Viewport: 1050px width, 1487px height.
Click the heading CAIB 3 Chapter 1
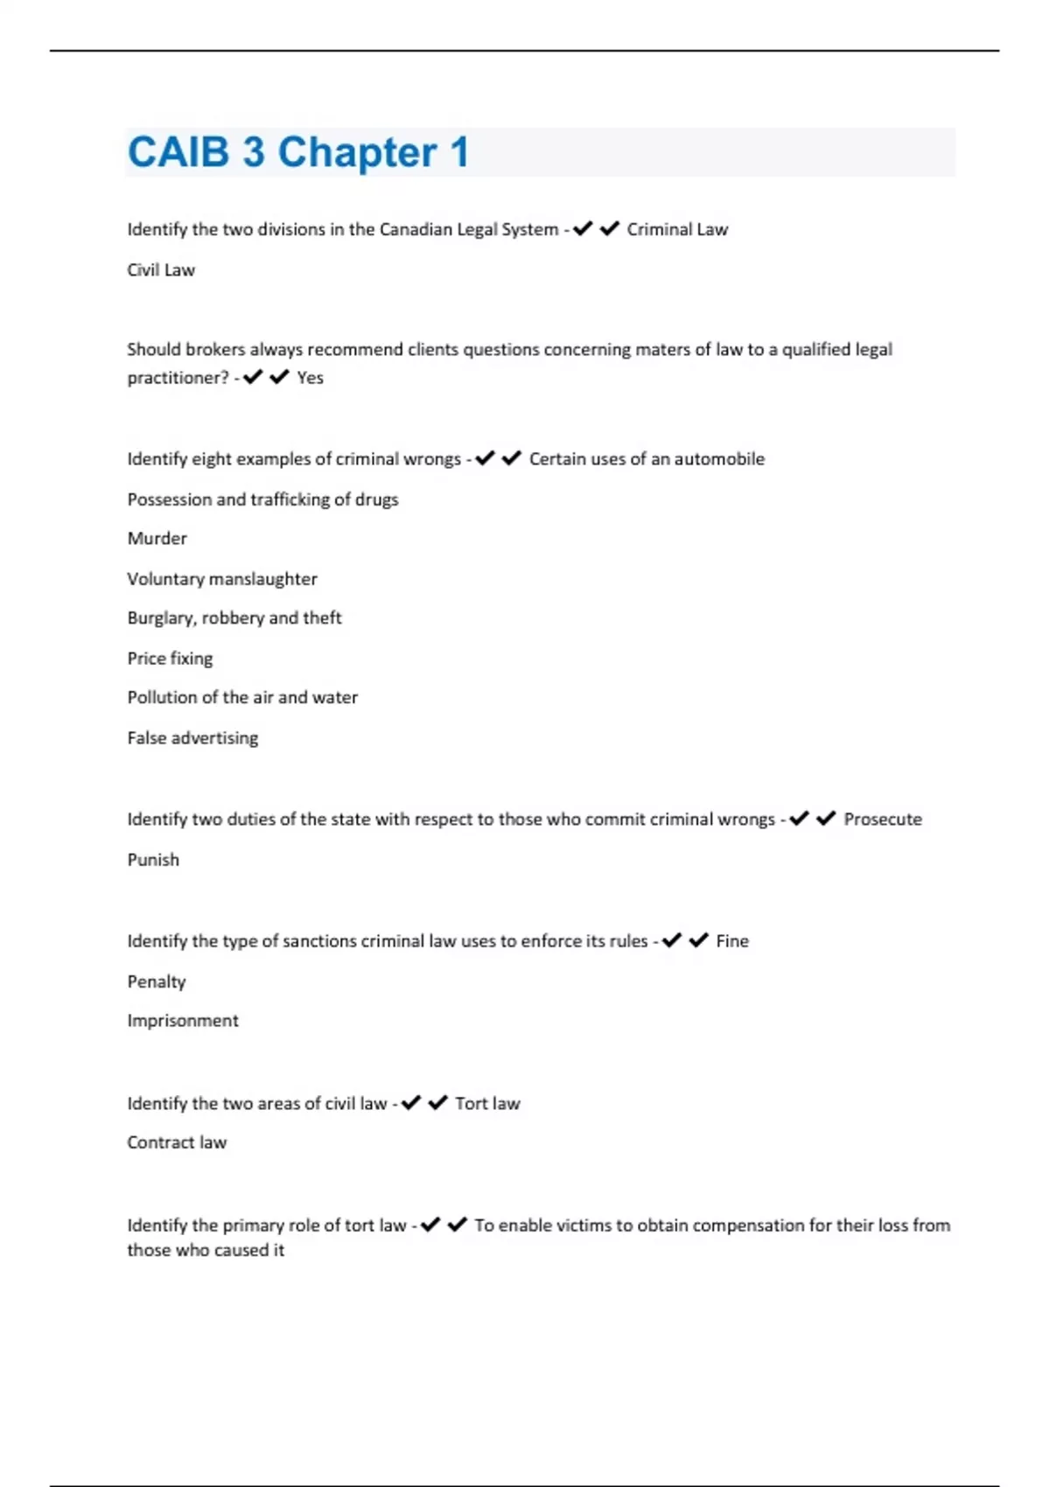click(x=298, y=153)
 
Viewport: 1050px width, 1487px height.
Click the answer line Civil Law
click(x=161, y=270)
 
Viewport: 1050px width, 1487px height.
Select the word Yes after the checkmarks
click(x=310, y=378)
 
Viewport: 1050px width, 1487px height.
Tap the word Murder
click(x=157, y=539)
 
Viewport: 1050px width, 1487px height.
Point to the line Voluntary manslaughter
click(x=222, y=579)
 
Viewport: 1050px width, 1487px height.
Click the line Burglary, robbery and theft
click(x=234, y=618)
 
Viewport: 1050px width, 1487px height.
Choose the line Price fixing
click(x=170, y=659)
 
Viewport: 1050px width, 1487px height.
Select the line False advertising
click(x=192, y=738)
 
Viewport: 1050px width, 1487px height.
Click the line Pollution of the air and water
click(x=242, y=698)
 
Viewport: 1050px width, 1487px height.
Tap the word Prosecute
click(x=882, y=820)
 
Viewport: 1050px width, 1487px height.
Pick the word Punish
click(x=153, y=860)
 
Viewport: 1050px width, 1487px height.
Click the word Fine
click(x=732, y=941)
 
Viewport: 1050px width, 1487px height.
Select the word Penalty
click(x=157, y=982)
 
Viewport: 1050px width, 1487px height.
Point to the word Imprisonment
click(x=183, y=1021)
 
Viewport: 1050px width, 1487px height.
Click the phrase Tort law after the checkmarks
click(x=487, y=1104)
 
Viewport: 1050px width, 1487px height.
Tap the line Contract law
click(x=177, y=1143)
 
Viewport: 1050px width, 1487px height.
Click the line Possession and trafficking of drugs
click(x=262, y=499)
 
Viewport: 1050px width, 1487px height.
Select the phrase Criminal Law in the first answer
click(x=677, y=230)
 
